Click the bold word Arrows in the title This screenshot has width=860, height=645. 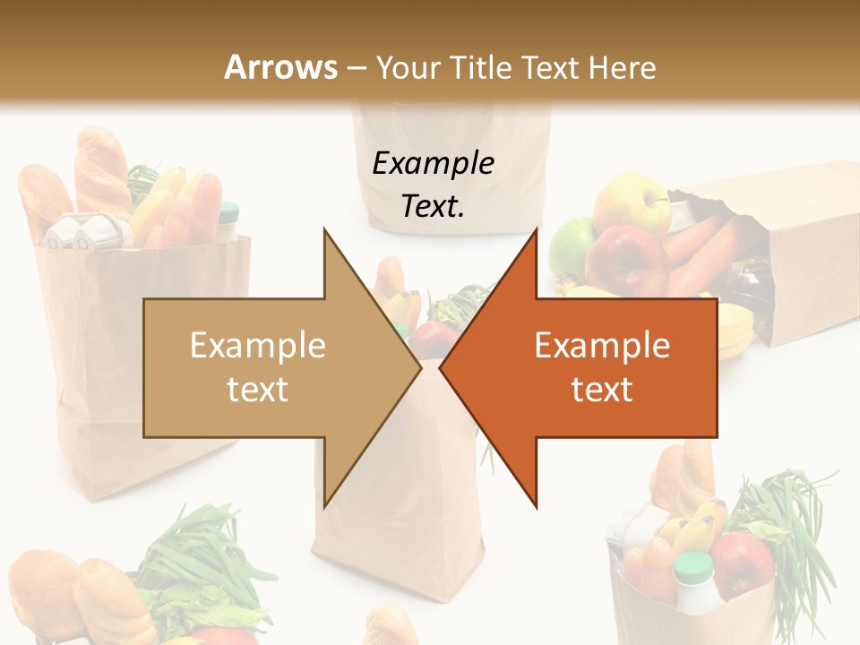(x=281, y=67)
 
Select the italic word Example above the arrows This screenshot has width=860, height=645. (x=433, y=164)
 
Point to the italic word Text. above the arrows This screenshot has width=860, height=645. (x=433, y=206)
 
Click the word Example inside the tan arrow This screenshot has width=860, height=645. (x=258, y=346)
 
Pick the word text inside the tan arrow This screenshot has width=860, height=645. (x=258, y=390)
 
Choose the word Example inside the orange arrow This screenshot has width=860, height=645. (x=602, y=346)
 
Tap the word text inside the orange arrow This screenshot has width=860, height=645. (x=602, y=390)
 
